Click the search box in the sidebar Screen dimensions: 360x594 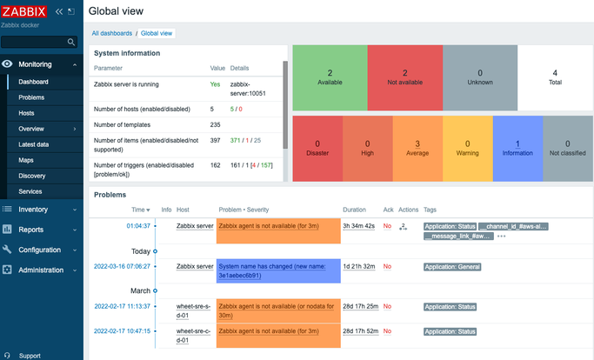[x=39, y=42]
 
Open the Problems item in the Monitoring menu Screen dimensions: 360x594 [x=33, y=97]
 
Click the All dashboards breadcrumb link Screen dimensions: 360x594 [x=112, y=33]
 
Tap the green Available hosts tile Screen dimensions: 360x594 [x=330, y=78]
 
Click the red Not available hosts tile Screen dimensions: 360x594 [x=404, y=78]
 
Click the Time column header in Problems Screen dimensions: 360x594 [x=139, y=210]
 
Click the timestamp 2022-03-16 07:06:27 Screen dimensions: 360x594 [x=122, y=266]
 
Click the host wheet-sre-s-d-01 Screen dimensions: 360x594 [x=194, y=310]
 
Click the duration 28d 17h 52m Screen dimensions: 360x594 [x=359, y=331]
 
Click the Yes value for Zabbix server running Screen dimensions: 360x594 [x=215, y=84]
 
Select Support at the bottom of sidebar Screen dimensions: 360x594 [x=30, y=356]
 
